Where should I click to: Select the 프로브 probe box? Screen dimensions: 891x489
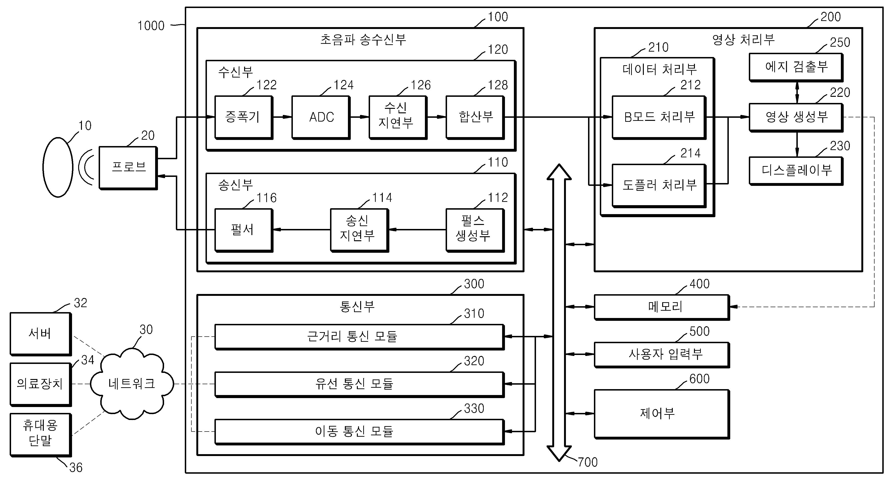coord(128,168)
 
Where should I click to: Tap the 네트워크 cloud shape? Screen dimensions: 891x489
coord(132,383)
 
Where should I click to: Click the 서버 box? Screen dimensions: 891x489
coord(40,334)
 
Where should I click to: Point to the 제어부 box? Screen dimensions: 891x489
coord(662,414)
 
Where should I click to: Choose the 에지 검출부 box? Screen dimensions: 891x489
coord(796,67)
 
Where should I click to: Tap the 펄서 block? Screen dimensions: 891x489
coord(243,230)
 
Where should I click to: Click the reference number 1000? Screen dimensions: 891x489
coord(151,26)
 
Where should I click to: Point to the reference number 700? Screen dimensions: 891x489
coord(588,462)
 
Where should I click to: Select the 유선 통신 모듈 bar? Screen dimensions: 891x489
coord(359,384)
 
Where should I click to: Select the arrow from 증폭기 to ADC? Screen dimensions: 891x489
coord(282,117)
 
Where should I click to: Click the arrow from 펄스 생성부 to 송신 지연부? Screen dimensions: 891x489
coord(417,229)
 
